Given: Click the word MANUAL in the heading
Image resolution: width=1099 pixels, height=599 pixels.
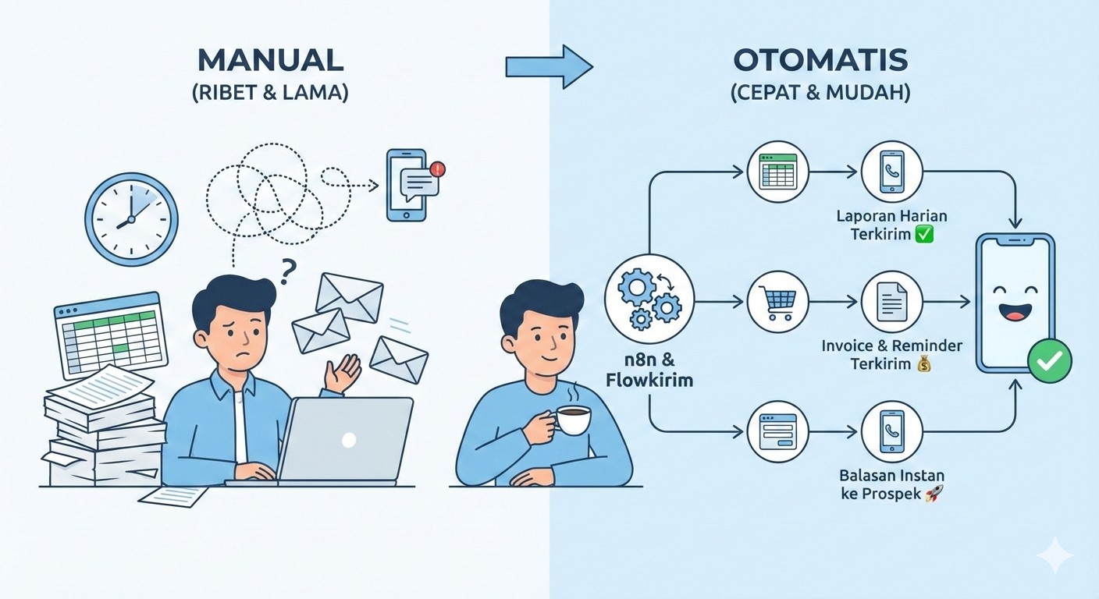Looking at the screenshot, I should coord(270,62).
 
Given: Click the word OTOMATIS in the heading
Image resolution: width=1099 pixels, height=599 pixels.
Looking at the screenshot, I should coord(820,62).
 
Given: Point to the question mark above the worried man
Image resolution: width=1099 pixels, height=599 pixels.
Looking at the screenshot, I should coord(288,270).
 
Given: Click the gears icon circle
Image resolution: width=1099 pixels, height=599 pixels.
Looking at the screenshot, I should coord(649,299).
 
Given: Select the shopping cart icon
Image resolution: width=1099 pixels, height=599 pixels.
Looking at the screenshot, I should coord(777,300).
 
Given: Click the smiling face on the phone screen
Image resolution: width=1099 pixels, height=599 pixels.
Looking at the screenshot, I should coord(1014,303).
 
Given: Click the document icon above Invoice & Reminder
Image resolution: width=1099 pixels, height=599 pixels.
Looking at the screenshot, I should coord(891,300).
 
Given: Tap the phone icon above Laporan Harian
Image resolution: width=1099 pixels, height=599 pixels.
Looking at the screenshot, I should coord(891,172).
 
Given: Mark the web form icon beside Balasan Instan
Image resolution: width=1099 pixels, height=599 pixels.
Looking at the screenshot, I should coord(777,431).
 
